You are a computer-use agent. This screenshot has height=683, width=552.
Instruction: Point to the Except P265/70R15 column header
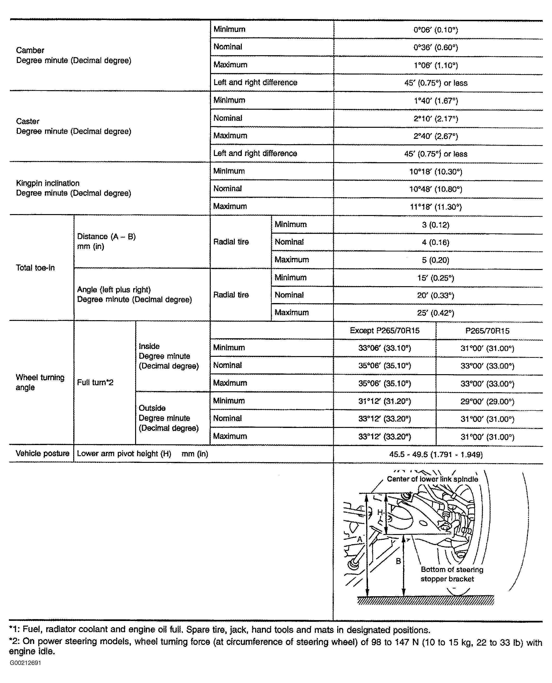pos(384,331)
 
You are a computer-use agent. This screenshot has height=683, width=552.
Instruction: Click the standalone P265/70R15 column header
pos(487,331)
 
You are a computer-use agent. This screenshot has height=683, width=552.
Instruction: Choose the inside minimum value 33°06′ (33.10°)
pos(384,348)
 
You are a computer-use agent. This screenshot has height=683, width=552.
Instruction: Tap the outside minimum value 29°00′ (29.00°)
pos(487,401)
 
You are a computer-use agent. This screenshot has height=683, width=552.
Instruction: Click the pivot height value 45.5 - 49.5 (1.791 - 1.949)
pos(436,454)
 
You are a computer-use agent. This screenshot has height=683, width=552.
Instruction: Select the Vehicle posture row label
pos(42,453)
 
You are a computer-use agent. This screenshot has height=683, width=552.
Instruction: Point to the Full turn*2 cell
pos(95,383)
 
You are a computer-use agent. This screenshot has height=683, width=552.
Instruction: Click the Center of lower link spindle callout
pos(432,479)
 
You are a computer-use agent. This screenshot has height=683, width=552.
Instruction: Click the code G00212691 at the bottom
pos(26,663)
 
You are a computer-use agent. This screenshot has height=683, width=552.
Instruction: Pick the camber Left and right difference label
pos(255,83)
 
